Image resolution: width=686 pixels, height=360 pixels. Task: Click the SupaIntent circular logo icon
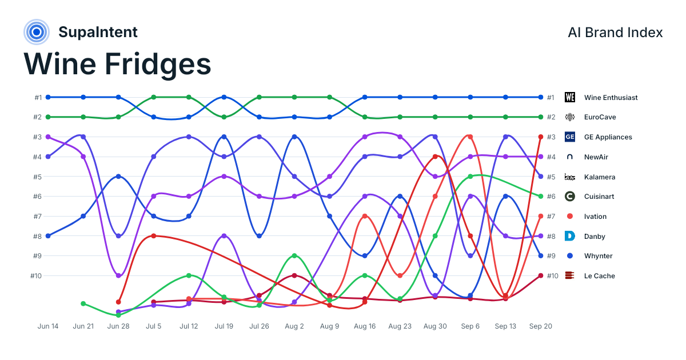pos(37,32)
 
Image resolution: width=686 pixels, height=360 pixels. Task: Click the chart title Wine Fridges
pos(117,64)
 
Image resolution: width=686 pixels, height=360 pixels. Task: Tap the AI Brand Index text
pos(615,33)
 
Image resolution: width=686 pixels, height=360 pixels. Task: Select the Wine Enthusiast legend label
pos(611,97)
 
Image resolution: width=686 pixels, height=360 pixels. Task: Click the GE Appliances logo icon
pos(569,137)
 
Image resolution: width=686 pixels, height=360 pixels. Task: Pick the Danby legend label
pos(595,237)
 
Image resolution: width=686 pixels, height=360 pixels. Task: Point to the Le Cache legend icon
pos(569,275)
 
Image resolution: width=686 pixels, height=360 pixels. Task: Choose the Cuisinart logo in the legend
pos(569,196)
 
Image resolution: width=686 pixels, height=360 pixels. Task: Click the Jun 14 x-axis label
pos(48,326)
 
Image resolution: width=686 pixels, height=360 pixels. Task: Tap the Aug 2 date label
pos(294,326)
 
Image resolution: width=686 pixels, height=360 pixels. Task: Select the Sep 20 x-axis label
pos(541,326)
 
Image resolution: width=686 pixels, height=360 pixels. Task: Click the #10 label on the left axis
pos(36,276)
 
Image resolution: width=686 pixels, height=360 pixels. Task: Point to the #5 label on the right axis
pos(551,177)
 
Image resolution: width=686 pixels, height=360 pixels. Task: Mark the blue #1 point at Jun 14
pos(48,97)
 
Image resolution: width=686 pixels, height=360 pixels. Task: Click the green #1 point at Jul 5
pos(154,97)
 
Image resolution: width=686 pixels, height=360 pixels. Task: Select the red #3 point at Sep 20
pos(541,137)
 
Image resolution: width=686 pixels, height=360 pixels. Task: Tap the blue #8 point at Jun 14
pos(48,236)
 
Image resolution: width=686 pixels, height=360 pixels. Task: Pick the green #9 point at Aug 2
pos(294,255)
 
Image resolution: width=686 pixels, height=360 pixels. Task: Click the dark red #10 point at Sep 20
pos(541,275)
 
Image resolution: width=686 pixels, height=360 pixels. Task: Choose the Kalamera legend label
pos(599,177)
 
